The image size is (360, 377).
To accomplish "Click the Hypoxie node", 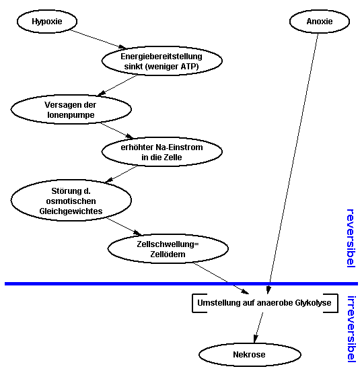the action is [47, 22].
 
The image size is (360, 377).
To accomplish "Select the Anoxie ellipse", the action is [320, 22].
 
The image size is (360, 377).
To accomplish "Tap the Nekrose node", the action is [250, 354].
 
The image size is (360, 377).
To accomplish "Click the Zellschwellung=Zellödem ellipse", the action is [168, 249].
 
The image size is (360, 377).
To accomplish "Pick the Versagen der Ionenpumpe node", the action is [71, 109].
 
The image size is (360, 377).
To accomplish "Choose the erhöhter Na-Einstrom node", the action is [161, 152].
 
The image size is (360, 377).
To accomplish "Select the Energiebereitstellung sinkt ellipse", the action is [161, 61].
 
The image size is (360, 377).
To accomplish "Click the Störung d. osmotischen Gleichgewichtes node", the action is [71, 200].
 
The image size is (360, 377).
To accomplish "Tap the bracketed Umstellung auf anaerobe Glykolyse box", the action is [264, 303].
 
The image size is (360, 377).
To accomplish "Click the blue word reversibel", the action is [351, 238].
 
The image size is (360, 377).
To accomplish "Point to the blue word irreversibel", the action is [351, 329].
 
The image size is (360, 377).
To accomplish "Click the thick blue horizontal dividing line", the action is [181, 284].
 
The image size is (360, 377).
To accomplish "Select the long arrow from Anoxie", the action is [293, 164].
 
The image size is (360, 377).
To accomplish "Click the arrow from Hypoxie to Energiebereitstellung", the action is [98, 39].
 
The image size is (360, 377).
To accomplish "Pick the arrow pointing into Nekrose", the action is [258, 327].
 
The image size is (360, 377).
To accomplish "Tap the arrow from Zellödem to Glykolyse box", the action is [221, 279].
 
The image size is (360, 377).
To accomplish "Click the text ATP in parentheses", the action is [187, 66].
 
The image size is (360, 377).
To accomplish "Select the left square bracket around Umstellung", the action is [192, 303].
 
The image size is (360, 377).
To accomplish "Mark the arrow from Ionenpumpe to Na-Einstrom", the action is [117, 131].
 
